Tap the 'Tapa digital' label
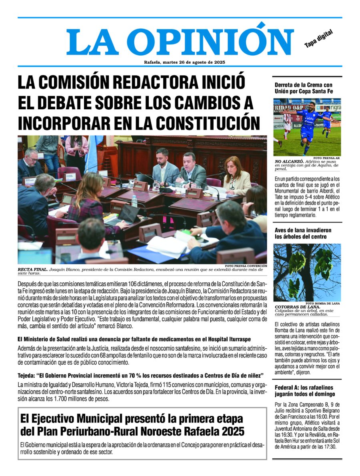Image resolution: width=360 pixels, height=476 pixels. click(x=318, y=39)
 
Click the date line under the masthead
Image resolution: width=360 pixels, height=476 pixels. click(x=184, y=62)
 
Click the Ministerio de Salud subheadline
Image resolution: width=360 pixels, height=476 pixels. click(x=140, y=340)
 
